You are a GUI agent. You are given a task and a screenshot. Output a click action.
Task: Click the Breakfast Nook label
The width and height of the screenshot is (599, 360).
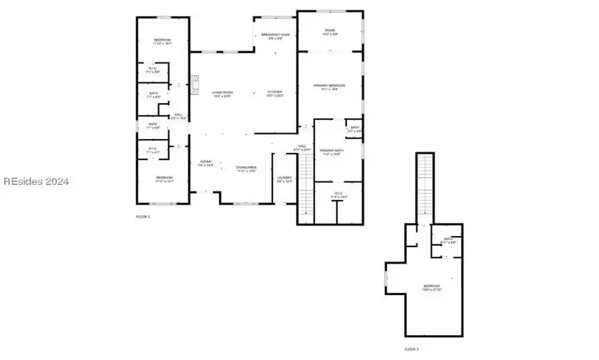point(275,35)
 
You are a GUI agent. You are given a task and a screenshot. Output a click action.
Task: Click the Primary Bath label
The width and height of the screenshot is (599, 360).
point(332,152)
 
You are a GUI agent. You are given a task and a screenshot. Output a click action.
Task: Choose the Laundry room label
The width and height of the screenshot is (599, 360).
point(285,179)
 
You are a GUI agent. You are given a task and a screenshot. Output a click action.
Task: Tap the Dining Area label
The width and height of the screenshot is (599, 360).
point(247,168)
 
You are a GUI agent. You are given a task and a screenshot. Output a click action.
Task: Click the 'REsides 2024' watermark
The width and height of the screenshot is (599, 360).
point(36,182)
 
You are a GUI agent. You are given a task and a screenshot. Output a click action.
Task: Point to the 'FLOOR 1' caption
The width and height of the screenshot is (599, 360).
point(143,217)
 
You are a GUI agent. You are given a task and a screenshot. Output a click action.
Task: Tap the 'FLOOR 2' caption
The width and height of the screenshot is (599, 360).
point(411,349)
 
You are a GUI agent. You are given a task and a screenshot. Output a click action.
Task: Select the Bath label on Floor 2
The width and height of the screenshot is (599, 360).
point(449,240)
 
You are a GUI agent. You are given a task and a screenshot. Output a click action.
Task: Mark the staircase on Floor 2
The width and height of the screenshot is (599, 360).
point(424,187)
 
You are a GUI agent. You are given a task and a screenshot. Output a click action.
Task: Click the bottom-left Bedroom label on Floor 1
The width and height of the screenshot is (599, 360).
point(164,179)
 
